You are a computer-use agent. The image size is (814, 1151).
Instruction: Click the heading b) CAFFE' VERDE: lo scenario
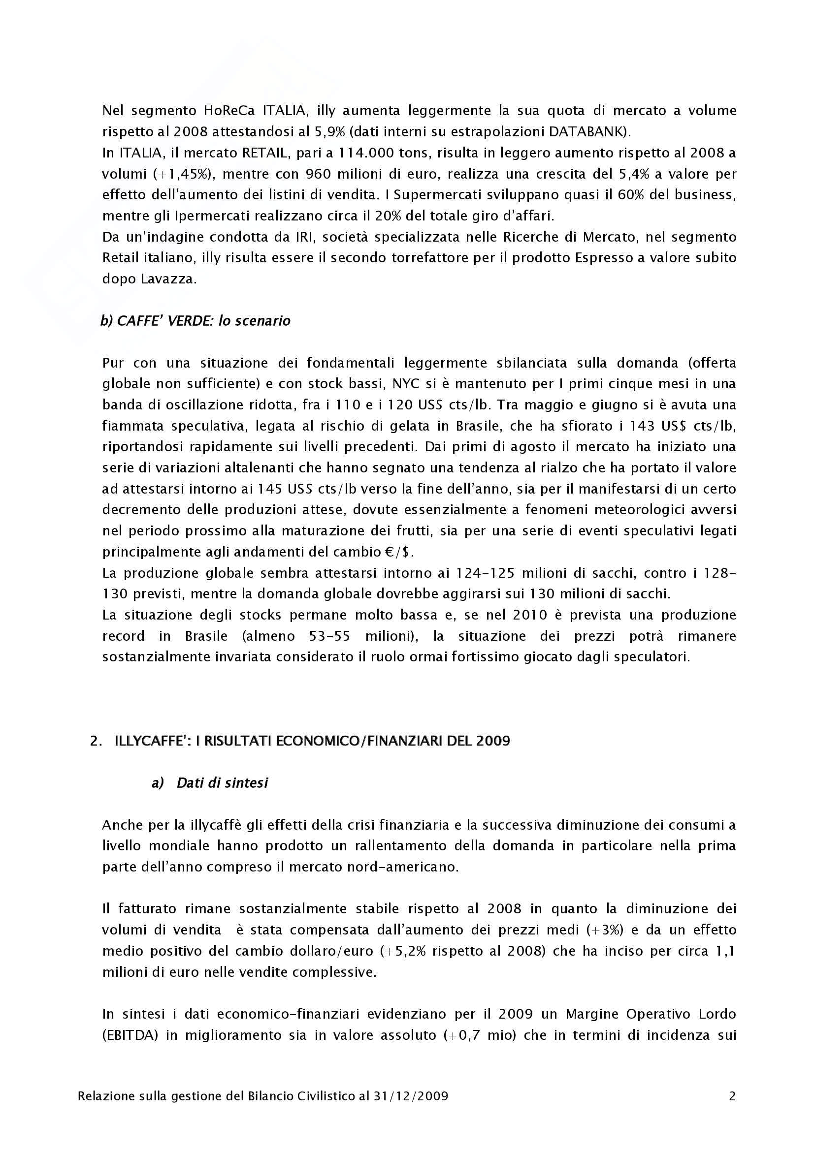click(195, 321)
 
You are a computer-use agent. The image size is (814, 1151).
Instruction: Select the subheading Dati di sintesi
click(222, 783)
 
